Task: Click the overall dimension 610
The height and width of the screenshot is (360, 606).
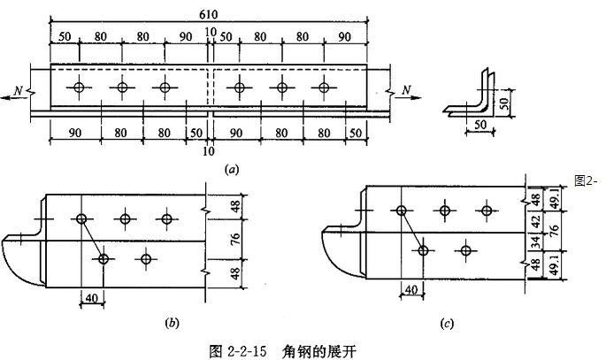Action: (210, 12)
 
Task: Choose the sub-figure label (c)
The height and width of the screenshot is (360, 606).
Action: (448, 323)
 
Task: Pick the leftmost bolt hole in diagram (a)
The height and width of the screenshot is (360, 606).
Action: (80, 88)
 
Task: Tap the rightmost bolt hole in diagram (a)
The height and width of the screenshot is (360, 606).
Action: (325, 88)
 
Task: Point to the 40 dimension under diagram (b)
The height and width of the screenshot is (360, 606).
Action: (92, 297)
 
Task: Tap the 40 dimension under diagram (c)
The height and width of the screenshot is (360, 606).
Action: (412, 287)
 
